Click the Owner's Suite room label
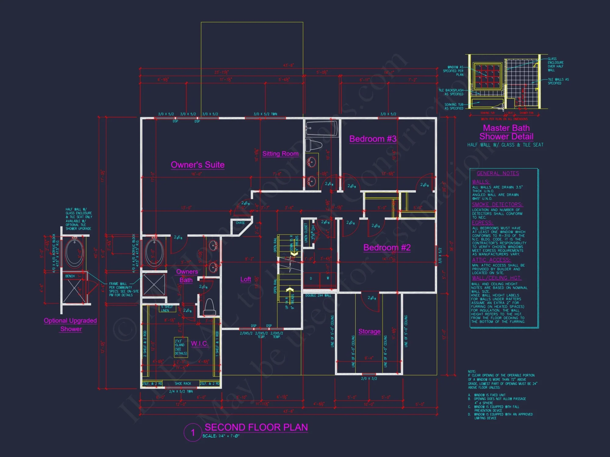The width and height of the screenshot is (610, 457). pos(198,165)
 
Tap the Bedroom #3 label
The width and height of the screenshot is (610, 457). pos(373,139)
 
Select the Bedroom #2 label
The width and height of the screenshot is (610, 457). pos(387,247)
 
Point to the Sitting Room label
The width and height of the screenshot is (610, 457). pos(280,154)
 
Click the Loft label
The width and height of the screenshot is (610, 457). pos(246,279)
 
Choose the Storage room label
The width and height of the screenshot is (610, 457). pos(369,331)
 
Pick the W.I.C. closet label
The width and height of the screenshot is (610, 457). pos(199,344)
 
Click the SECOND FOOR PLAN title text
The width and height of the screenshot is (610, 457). pos(256,427)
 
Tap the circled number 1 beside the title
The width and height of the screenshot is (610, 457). pos(193,432)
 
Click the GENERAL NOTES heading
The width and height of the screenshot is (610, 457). pos(498,173)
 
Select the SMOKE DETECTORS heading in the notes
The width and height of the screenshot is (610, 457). pos(497,204)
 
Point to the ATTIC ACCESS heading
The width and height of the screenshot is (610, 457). pos(491,260)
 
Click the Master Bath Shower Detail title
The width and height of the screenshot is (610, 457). pos(506,132)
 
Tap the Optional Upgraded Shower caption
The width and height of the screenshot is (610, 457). pos(70,325)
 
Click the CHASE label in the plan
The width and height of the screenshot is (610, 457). pos(240,223)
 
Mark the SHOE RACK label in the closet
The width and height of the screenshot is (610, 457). pos(183,384)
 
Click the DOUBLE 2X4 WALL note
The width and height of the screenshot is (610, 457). pos(318,296)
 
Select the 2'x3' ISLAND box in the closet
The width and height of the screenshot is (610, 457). pos(181,347)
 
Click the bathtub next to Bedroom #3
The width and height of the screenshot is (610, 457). pos(322,128)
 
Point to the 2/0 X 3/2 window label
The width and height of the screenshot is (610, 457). pos(369,379)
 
